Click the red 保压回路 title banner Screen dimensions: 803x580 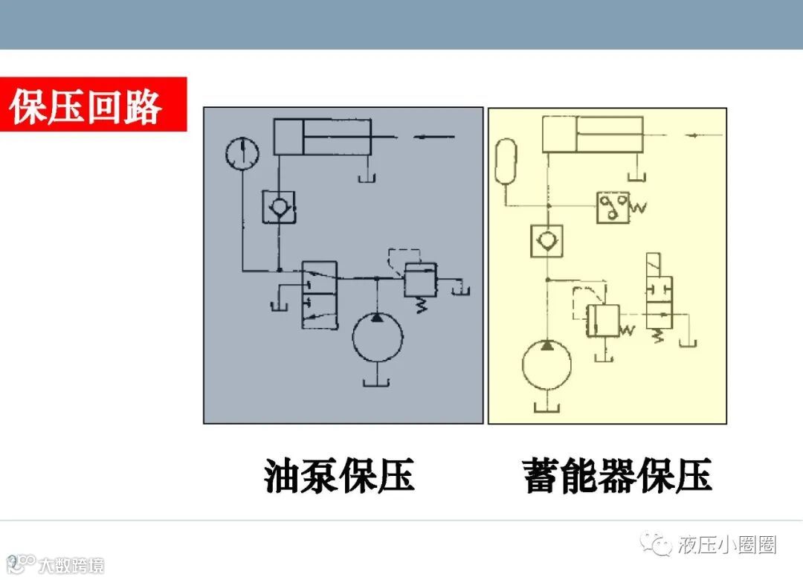[92, 105]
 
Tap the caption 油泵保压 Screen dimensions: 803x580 [339, 476]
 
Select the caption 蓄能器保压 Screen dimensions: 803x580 [617, 476]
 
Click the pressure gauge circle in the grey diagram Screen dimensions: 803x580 [242, 154]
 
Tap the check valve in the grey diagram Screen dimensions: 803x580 [279, 207]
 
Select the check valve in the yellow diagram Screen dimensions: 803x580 [548, 240]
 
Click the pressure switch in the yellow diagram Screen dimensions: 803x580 [614, 207]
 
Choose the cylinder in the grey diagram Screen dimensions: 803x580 [323, 136]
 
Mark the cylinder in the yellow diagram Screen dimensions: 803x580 [593, 135]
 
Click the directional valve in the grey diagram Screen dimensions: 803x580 [318, 294]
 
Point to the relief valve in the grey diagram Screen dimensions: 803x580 [420, 280]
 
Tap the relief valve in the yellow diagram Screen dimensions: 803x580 [603, 320]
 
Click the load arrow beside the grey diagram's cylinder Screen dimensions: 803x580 [434, 137]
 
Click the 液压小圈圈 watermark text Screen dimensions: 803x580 [727, 546]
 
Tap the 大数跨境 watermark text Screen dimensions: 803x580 [71, 565]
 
